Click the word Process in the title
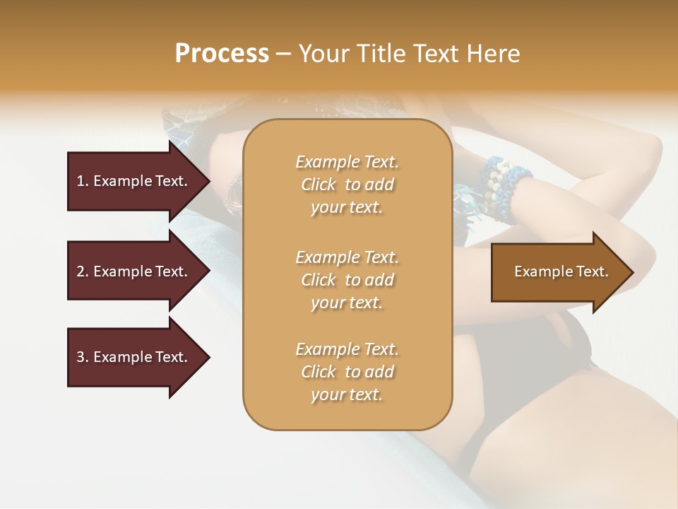tap(222, 54)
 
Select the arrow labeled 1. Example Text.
tap(134, 181)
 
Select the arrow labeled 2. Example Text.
tap(134, 271)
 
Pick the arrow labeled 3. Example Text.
tap(134, 357)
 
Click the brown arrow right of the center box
tap(558, 272)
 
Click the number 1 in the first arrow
tap(80, 181)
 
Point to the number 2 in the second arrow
tap(80, 271)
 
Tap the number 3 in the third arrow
tap(80, 357)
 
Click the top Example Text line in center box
tap(347, 162)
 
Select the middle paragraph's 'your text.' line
tap(347, 303)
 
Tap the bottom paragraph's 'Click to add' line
tap(347, 372)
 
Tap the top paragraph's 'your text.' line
tap(347, 208)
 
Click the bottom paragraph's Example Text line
tap(347, 349)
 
